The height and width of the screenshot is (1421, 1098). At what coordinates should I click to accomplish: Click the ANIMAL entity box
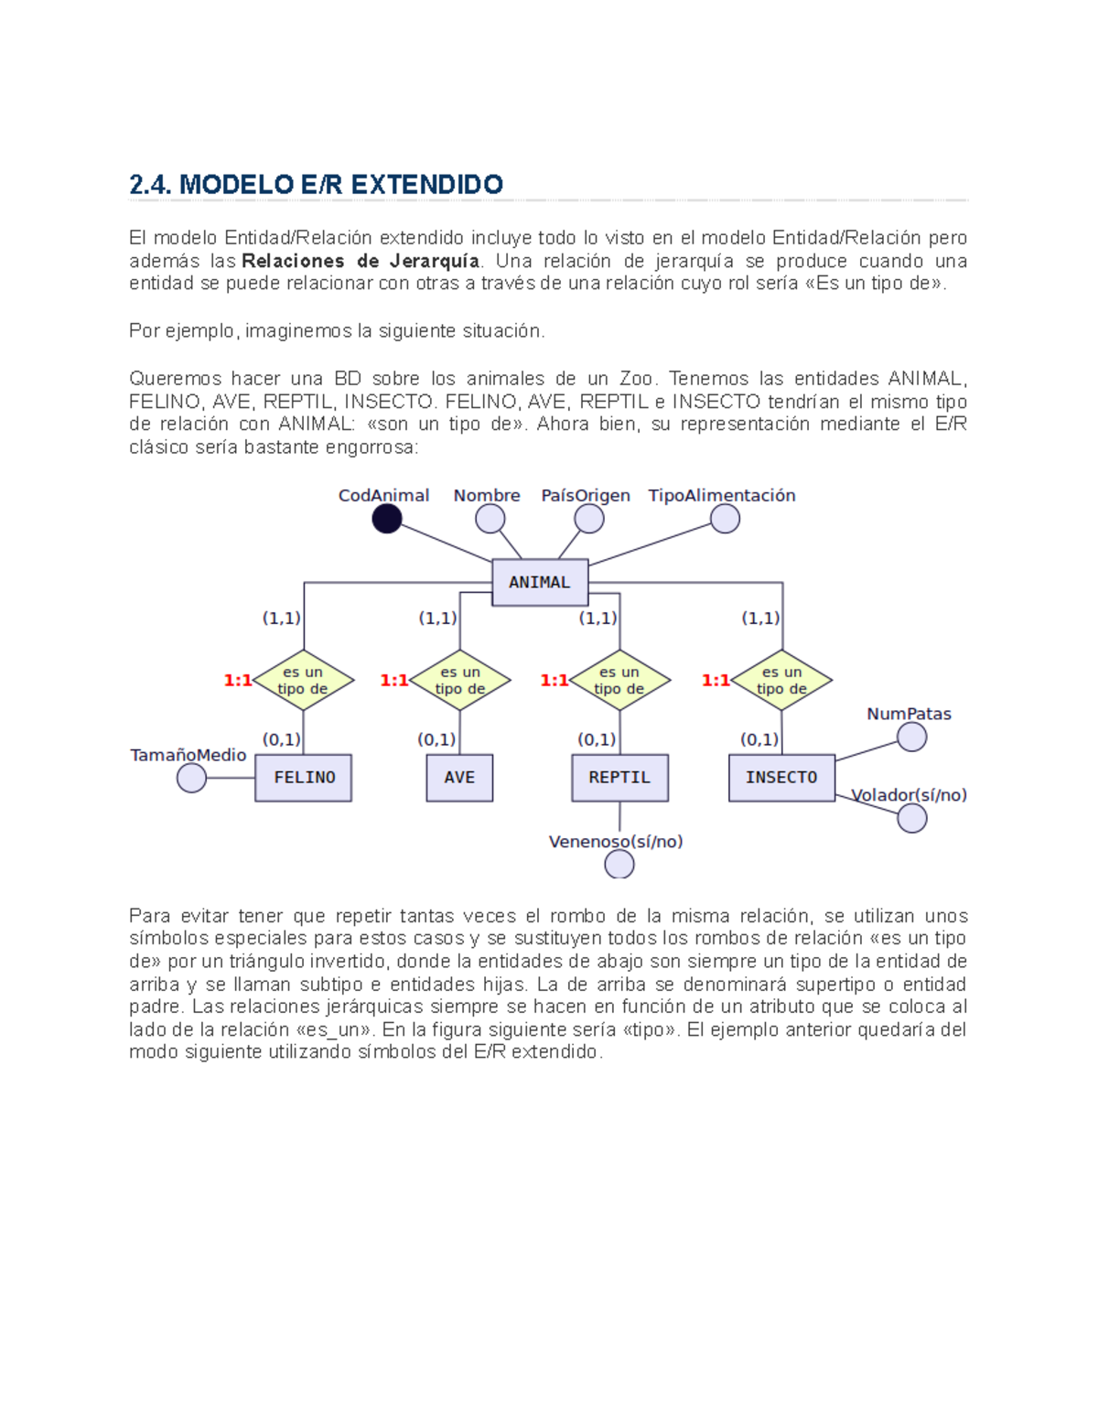point(540,582)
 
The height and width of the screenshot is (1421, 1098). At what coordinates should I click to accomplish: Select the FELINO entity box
point(303,778)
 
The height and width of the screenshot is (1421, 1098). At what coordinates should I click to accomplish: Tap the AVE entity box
point(459,778)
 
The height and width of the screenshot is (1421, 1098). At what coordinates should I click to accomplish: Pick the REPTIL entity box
point(619,778)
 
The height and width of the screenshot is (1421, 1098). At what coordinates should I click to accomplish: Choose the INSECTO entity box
point(781,778)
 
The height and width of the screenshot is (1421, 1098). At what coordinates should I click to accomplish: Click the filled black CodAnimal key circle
point(387,519)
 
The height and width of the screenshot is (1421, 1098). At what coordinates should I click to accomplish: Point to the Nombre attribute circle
point(490,519)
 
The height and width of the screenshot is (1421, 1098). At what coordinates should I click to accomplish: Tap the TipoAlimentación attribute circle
point(725,519)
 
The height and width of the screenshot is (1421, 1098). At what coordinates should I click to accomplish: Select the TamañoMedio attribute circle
point(191,778)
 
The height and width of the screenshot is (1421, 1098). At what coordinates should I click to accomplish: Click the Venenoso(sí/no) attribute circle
point(619,864)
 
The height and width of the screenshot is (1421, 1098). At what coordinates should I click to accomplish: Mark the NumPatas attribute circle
point(911,737)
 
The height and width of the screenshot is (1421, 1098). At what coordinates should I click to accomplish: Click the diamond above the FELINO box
point(303,680)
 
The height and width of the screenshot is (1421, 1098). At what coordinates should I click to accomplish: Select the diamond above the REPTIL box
point(619,680)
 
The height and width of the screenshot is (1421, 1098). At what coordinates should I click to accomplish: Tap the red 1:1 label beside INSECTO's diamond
point(716,680)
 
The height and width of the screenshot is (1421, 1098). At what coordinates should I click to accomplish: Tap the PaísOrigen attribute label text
point(586,495)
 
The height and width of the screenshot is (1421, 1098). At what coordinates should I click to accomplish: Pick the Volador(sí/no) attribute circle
point(911,819)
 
